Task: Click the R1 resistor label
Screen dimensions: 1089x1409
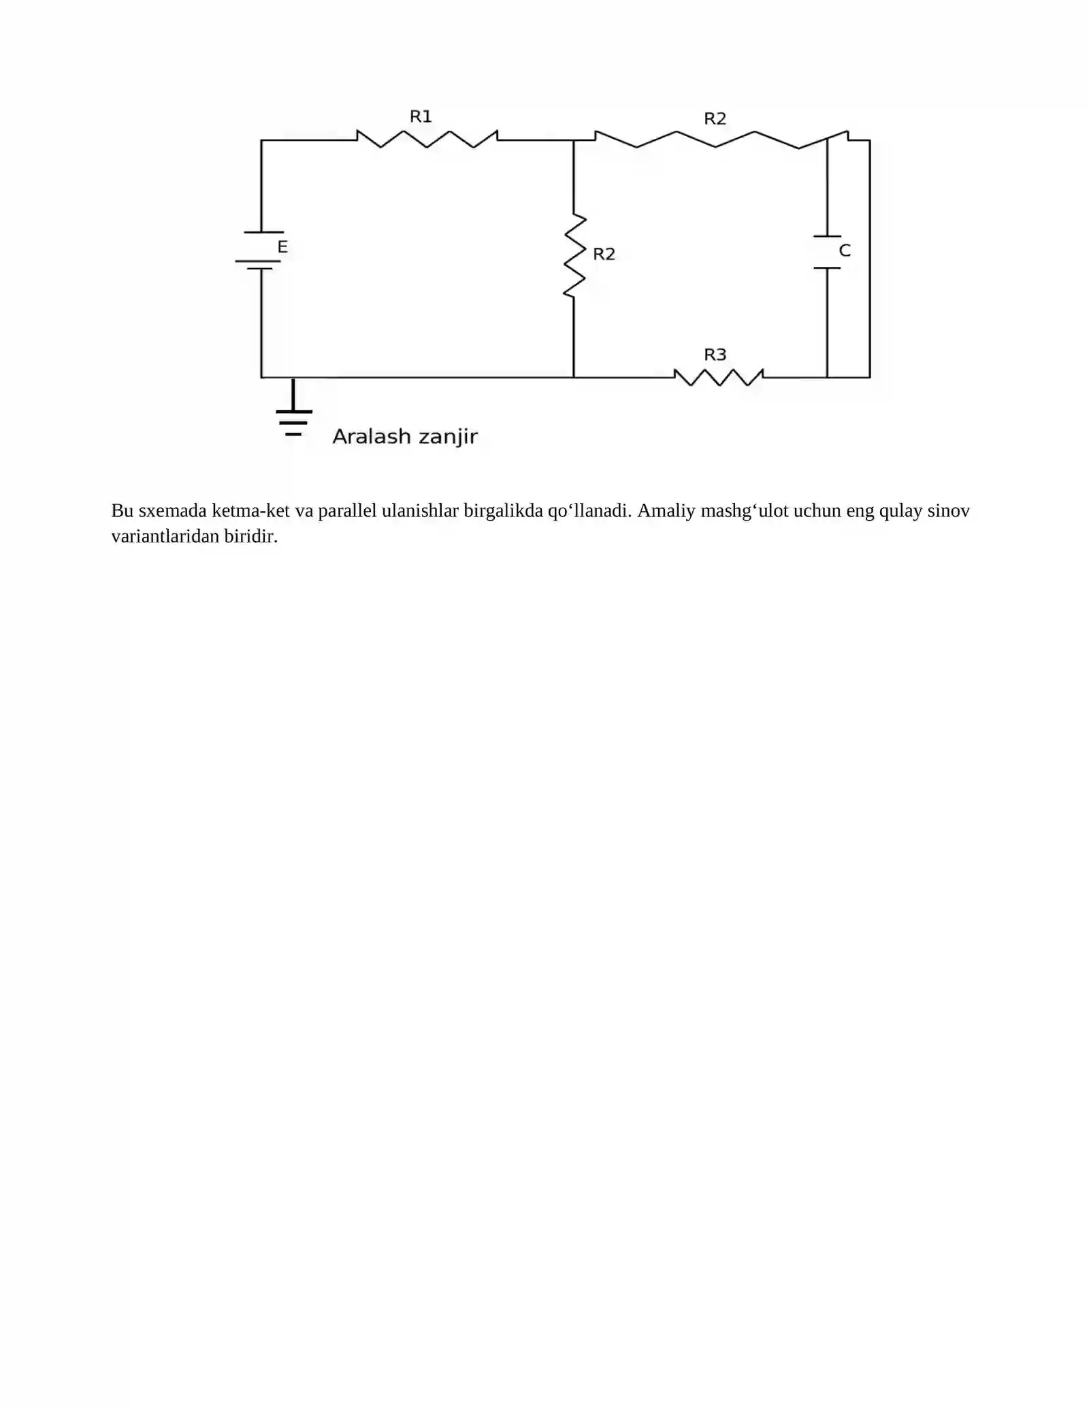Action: pyautogui.click(x=421, y=116)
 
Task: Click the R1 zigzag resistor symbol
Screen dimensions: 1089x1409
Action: pyautogui.click(x=427, y=139)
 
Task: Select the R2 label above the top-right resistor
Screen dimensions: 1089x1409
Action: pyautogui.click(x=715, y=118)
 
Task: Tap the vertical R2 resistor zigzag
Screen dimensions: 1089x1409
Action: pyautogui.click(x=574, y=256)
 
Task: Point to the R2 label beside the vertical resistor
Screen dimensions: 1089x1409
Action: pyautogui.click(x=604, y=254)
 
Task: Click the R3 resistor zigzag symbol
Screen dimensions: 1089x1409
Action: pyautogui.click(x=719, y=377)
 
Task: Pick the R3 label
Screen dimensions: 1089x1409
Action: pyautogui.click(x=715, y=355)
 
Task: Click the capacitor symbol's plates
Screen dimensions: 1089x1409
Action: pyautogui.click(x=827, y=252)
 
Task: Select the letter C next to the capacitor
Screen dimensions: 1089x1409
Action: pyautogui.click(x=845, y=250)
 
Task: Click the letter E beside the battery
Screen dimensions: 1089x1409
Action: pyautogui.click(x=282, y=246)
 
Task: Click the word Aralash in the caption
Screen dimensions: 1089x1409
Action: pyautogui.click(x=371, y=436)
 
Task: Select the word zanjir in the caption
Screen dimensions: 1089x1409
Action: pyautogui.click(x=448, y=437)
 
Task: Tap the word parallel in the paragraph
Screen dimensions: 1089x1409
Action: pyautogui.click(x=347, y=511)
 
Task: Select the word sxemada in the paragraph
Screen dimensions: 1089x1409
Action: pyautogui.click(x=172, y=511)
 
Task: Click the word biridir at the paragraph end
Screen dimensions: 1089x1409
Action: pyautogui.click(x=251, y=536)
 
